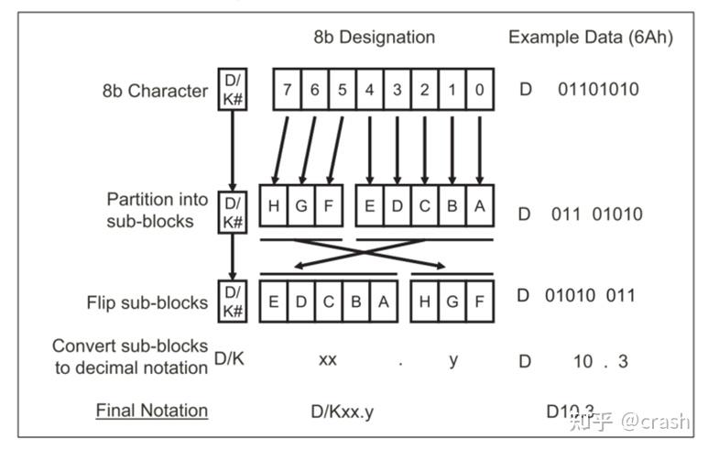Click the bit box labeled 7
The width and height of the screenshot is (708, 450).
pos(287,90)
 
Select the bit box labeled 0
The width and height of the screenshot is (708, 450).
pos(480,90)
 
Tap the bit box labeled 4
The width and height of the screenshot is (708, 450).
pos(369,90)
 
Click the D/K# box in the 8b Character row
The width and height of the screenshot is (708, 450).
pos(233,89)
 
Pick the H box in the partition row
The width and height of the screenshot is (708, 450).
pos(274,207)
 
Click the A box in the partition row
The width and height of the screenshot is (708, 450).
pos(479,207)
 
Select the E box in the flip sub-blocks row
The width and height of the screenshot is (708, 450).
pos(274,302)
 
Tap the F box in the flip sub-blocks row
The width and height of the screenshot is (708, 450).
pos(479,302)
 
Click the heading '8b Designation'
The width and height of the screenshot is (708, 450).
pos(374,38)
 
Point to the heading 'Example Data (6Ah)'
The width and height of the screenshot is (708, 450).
pos(590,38)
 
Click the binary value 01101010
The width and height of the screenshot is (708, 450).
pos(598,90)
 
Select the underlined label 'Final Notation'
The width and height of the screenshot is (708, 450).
pos(152,410)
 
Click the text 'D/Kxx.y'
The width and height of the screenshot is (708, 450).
pos(342,412)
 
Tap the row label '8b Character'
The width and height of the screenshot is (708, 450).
pos(155,91)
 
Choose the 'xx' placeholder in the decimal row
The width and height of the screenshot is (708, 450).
pos(327,359)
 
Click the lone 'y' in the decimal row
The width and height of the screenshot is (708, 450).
pos(453,359)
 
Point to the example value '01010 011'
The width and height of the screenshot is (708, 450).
pos(590,295)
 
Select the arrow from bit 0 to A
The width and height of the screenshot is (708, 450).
pos(480,149)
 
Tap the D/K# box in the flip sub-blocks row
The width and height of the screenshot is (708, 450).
pos(233,302)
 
